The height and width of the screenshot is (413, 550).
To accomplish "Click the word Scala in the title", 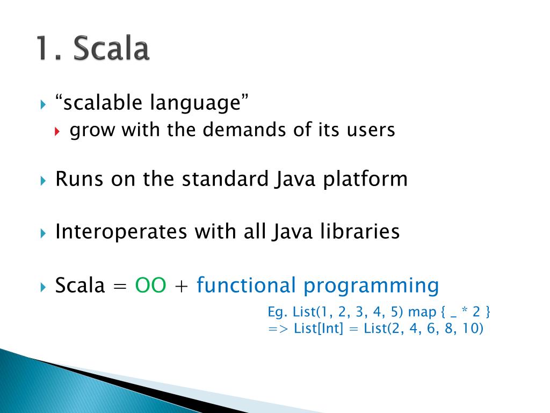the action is (x=111, y=48).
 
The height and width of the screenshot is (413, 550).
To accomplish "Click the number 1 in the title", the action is (x=44, y=48).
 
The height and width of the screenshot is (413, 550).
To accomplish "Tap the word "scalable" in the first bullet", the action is (x=103, y=102).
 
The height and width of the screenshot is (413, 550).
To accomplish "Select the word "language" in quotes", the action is (x=196, y=104).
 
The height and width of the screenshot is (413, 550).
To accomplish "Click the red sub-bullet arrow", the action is (x=57, y=131).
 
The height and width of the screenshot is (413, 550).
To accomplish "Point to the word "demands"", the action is (x=245, y=129).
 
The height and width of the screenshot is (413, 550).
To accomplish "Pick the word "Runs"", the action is (x=79, y=179).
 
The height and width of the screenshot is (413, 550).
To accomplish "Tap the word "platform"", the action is (x=365, y=180).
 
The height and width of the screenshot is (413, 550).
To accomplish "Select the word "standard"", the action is (x=225, y=179).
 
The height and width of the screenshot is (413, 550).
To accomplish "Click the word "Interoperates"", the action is (x=121, y=232).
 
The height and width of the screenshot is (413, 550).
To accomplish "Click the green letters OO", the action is (x=150, y=285).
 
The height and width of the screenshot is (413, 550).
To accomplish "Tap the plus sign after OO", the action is (x=181, y=286).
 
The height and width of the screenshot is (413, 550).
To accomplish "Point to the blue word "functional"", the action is (x=246, y=284).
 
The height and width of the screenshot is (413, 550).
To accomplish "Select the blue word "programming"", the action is (x=371, y=286).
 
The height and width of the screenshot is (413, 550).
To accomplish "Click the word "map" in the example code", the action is (x=422, y=312).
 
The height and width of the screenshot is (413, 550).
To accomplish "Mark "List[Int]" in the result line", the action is (x=319, y=329).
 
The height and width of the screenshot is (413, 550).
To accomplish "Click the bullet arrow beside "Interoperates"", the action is (x=43, y=233).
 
